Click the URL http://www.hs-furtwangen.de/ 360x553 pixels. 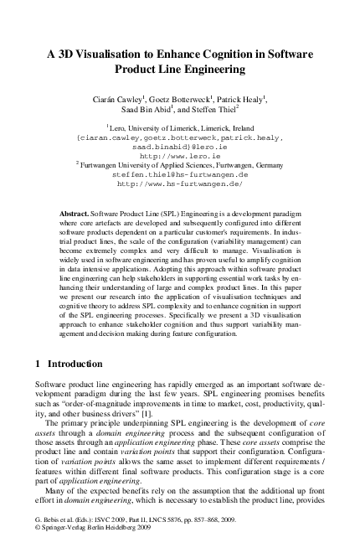[179, 183]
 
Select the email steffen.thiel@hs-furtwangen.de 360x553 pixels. [179, 173]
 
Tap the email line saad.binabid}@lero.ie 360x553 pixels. [179, 147]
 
